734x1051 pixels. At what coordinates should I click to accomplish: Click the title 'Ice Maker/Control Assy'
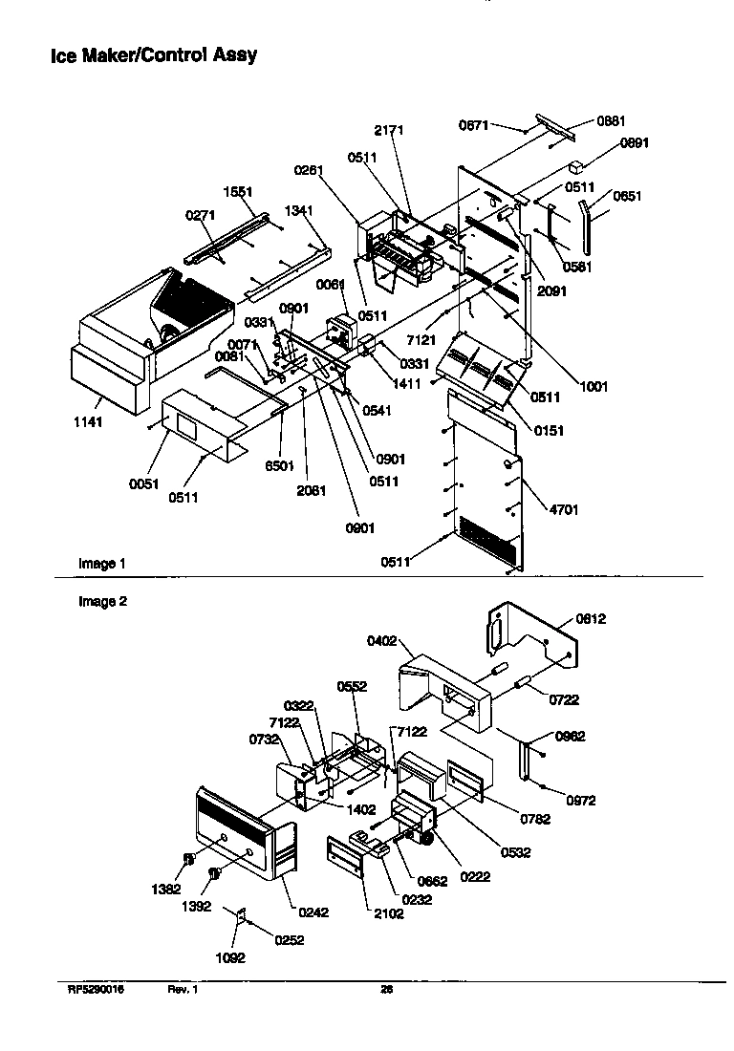click(x=153, y=55)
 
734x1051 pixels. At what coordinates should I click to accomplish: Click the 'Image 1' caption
click(x=101, y=564)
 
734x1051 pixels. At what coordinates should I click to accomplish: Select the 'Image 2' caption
click(x=101, y=602)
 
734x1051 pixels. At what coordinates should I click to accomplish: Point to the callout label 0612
click(x=592, y=618)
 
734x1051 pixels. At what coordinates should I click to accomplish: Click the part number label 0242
click(x=313, y=912)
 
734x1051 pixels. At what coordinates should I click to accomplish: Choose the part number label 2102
click(x=390, y=913)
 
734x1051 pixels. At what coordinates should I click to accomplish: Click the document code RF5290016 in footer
click(x=96, y=990)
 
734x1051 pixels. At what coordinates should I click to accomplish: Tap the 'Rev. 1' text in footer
click(x=182, y=990)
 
